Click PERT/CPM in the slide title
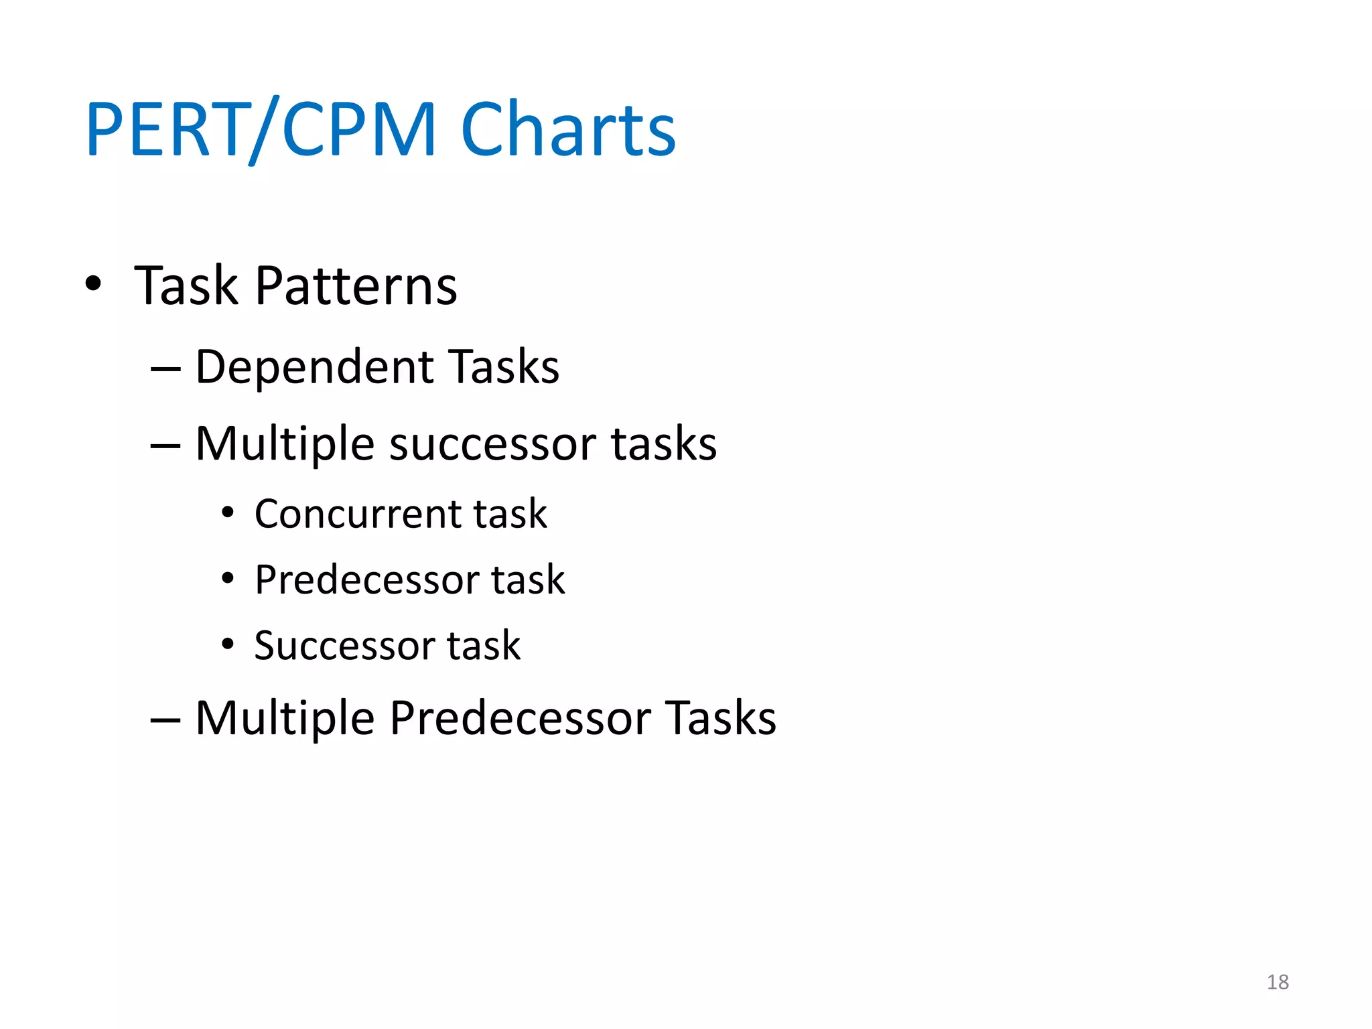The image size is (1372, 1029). [261, 129]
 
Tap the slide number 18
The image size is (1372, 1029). [1278, 982]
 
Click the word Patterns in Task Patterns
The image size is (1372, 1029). [356, 286]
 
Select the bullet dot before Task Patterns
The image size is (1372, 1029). [94, 283]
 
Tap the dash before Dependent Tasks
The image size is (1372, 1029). [165, 370]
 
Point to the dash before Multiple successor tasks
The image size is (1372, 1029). [165, 446]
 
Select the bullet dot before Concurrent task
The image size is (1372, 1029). [228, 513]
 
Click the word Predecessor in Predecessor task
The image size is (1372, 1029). [367, 580]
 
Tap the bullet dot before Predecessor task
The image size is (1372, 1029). [228, 579]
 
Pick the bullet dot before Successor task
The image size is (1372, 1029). [228, 644]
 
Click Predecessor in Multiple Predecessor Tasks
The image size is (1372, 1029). [521, 718]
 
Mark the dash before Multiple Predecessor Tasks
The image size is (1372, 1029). [165, 720]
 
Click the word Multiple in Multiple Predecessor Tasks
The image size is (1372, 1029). [285, 718]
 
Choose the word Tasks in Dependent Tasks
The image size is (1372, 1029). [504, 368]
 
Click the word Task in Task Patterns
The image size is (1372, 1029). [186, 286]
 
